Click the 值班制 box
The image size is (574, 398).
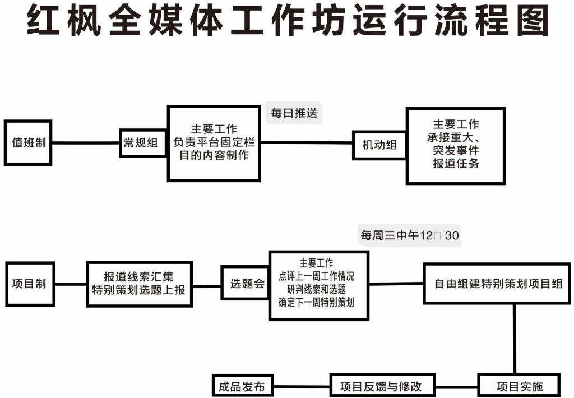point(28,143)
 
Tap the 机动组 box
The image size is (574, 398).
point(379,145)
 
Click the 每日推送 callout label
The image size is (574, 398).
point(294,113)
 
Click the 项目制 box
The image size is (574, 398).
point(29,283)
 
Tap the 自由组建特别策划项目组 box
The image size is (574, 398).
point(498,283)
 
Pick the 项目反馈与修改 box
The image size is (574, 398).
point(381,386)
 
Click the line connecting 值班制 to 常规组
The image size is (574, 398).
point(86,143)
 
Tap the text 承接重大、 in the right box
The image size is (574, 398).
point(456,138)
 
